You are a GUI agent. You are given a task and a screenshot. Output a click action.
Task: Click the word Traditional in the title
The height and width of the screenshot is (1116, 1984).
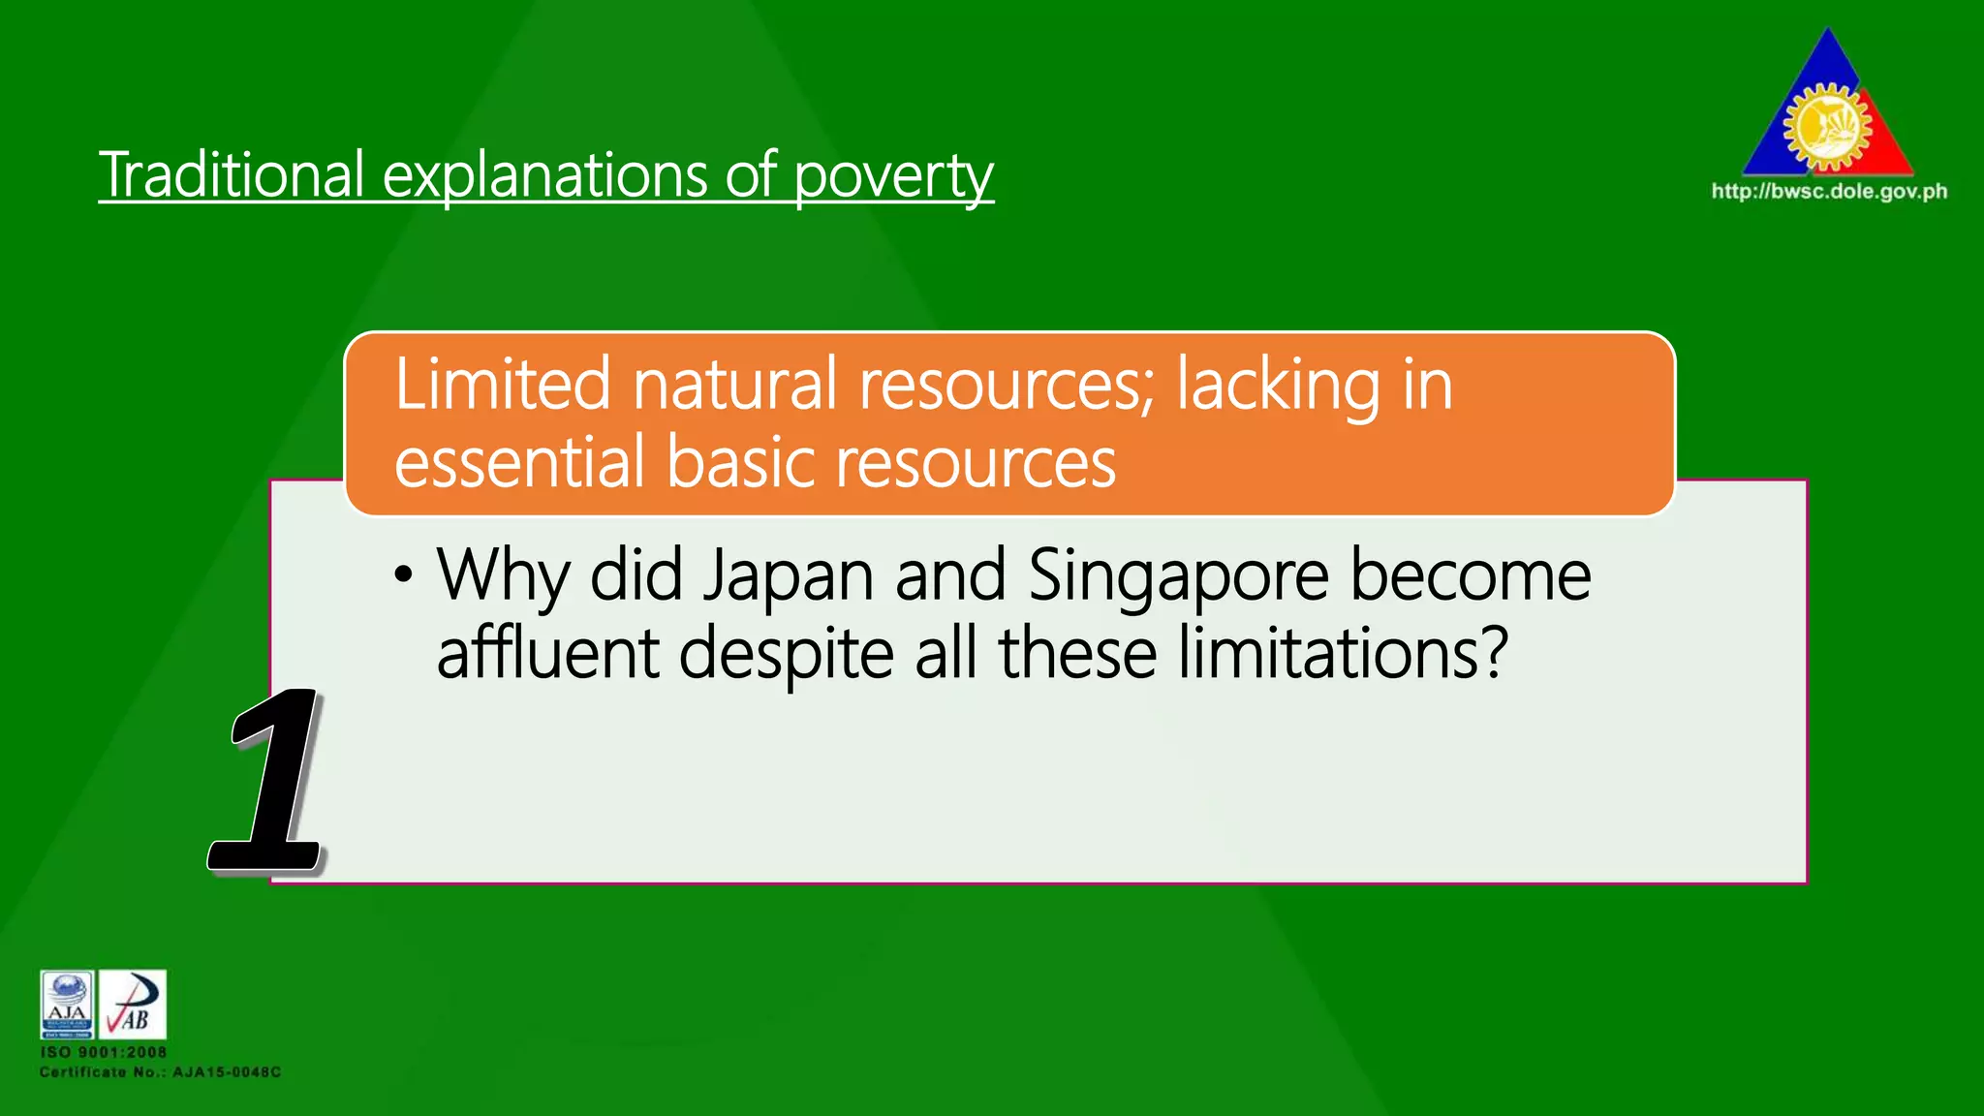pyautogui.click(x=232, y=175)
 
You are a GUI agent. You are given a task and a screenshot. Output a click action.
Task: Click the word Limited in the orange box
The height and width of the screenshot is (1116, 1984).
pyautogui.click(x=502, y=385)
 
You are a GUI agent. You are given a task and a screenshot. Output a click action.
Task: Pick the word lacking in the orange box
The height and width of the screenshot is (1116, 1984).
pyautogui.click(x=1278, y=387)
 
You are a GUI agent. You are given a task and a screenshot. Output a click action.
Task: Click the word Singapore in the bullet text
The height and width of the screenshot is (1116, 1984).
pyautogui.click(x=1178, y=576)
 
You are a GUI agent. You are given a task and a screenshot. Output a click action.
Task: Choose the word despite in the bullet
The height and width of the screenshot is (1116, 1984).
pyautogui.click(x=786, y=655)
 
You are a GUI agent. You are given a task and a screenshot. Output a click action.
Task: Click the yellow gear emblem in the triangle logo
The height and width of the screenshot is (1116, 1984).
pyautogui.click(x=1827, y=126)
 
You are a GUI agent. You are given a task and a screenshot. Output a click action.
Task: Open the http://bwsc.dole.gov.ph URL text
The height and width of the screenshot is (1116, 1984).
pyautogui.click(x=1829, y=191)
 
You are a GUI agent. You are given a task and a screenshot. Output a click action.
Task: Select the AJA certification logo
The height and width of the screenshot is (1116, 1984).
pyautogui.click(x=67, y=1004)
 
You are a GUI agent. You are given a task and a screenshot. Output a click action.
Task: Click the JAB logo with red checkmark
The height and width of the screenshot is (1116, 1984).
pyautogui.click(x=133, y=1004)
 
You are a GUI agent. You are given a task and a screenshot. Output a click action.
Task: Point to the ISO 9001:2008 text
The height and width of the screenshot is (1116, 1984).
pyautogui.click(x=104, y=1052)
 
